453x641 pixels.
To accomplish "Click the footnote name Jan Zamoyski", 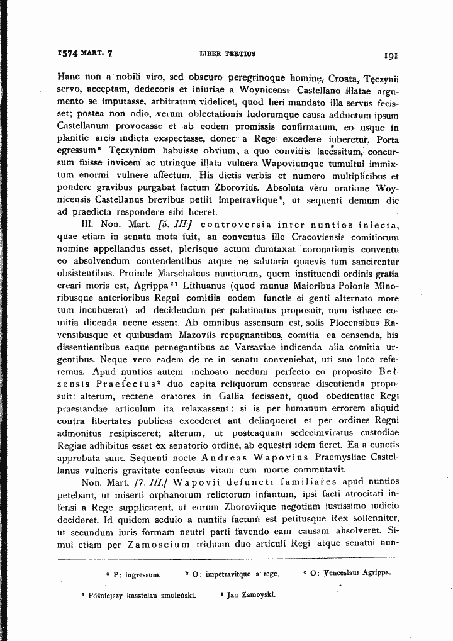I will click(251, 594).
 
